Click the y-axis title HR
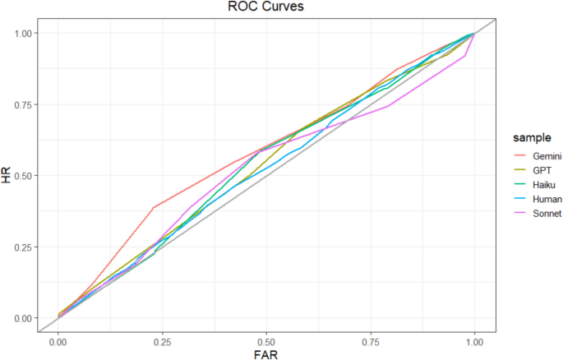pos(7,175)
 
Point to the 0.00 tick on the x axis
pos(58,340)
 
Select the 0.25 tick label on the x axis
pos(162,340)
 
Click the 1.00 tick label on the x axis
pos(474,340)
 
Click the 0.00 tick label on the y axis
pos(25,318)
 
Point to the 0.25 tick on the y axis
pos(25,247)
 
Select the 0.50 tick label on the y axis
pos(25,176)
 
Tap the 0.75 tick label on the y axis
pos(25,104)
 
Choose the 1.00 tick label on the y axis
pos(25,33)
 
